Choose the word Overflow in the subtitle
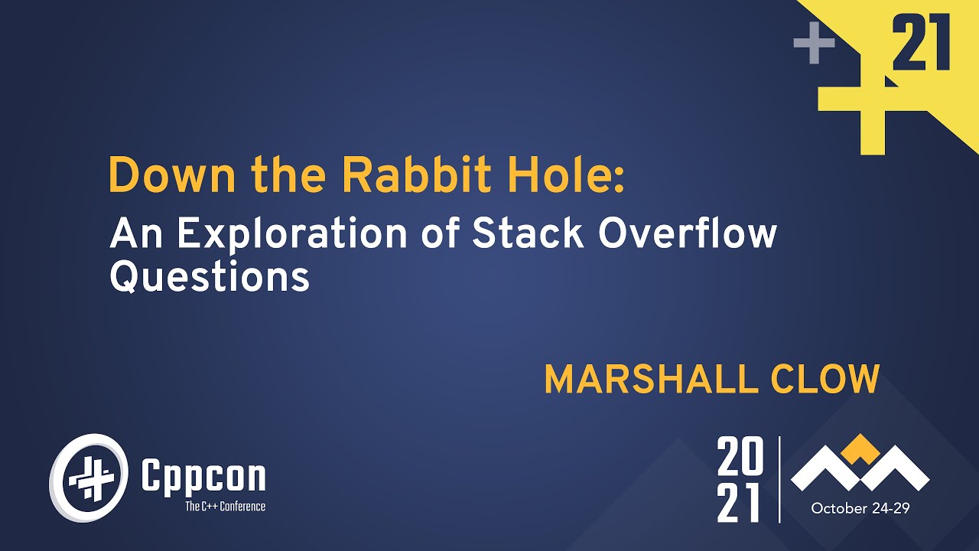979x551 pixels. (x=687, y=234)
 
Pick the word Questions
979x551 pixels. (x=210, y=277)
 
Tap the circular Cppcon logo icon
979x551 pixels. (x=86, y=478)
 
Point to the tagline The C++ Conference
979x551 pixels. (x=225, y=506)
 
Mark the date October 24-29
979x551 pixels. (x=860, y=509)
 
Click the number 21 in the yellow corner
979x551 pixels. (x=921, y=44)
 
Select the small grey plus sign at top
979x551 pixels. (x=814, y=44)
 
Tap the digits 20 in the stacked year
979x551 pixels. (x=740, y=457)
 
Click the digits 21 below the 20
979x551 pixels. (x=740, y=503)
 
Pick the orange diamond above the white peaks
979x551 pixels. (x=860, y=448)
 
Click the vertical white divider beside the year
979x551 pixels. (x=779, y=479)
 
